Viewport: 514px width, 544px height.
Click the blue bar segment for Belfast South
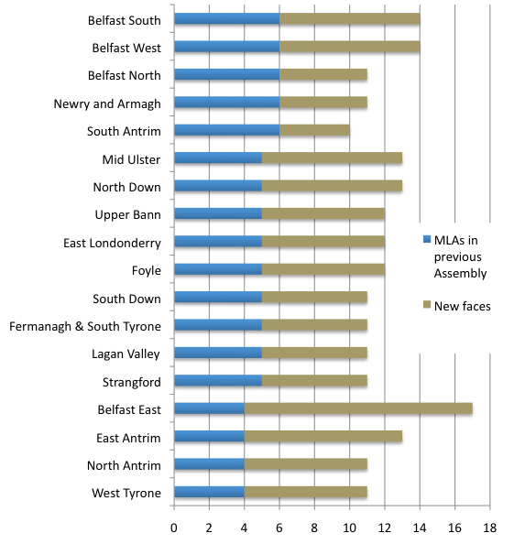click(227, 18)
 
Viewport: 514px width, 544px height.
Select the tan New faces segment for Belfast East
click(358, 408)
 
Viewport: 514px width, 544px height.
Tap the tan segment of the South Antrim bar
click(315, 130)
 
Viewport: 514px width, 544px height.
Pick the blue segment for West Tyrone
click(209, 492)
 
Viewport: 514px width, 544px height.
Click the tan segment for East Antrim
click(323, 436)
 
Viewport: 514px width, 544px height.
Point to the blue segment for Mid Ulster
click(218, 158)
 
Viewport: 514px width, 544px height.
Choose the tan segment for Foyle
click(323, 269)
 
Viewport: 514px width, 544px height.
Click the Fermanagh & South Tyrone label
click(85, 327)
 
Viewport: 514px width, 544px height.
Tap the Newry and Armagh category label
click(107, 104)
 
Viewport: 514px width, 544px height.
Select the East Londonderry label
click(112, 244)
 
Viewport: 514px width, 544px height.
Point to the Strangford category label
click(132, 382)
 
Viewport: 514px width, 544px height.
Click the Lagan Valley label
click(126, 354)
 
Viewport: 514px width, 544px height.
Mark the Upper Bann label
click(128, 215)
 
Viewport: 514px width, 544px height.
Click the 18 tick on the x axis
click(490, 528)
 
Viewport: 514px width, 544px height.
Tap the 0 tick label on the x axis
click(174, 528)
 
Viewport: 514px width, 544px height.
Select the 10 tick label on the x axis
click(349, 528)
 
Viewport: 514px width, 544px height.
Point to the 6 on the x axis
click(279, 528)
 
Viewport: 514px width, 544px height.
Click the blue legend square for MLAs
click(427, 239)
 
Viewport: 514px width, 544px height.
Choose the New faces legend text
click(463, 307)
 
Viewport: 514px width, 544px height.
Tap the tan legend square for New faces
click(427, 305)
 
